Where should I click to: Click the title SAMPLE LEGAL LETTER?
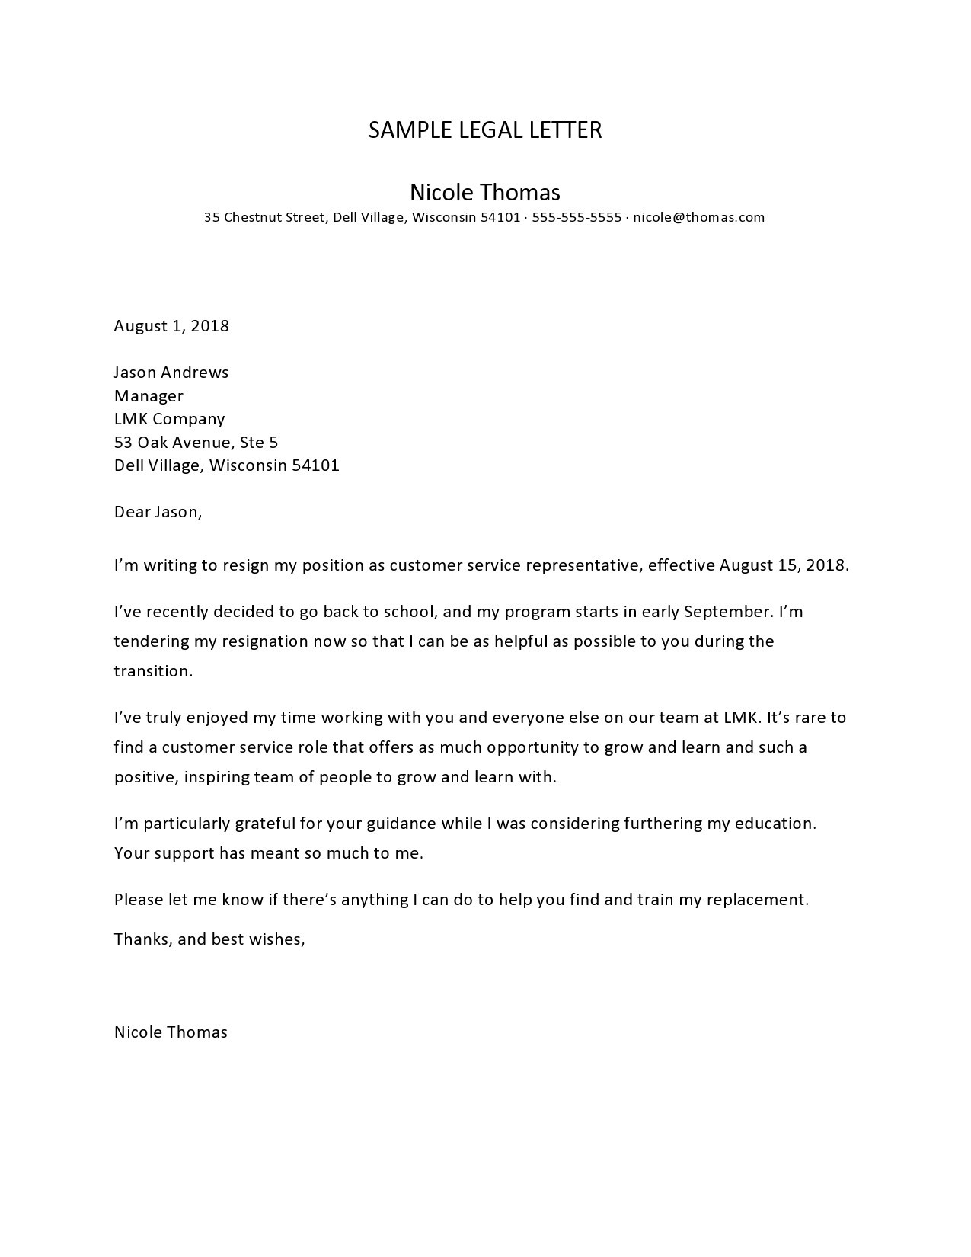coord(485,130)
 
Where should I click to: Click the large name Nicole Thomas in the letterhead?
coord(485,192)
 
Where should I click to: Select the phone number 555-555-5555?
coord(577,217)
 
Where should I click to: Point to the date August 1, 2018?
coord(171,326)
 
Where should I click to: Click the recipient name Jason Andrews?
coord(171,373)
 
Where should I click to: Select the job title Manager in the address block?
coord(149,396)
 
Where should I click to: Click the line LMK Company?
coord(169,419)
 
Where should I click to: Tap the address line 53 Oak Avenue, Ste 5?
coord(196,443)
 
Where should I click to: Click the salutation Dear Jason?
coord(158,512)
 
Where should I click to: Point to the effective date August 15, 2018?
coord(784,565)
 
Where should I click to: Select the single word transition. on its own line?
coord(153,671)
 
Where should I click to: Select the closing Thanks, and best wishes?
coord(209,939)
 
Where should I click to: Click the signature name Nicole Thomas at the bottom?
coord(171,1032)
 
